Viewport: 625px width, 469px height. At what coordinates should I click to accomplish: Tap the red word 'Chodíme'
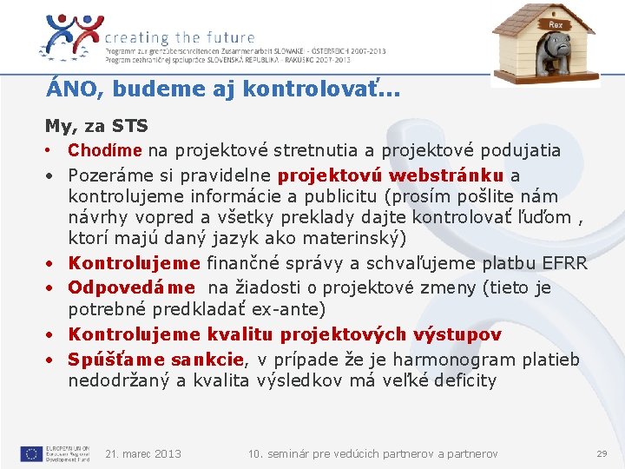pyautogui.click(x=104, y=150)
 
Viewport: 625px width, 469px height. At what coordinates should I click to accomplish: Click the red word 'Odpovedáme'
pyautogui.click(x=132, y=287)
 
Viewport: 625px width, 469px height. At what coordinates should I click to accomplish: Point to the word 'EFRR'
pyautogui.click(x=563, y=263)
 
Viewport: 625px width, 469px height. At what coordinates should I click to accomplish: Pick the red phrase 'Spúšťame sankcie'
pyautogui.click(x=156, y=359)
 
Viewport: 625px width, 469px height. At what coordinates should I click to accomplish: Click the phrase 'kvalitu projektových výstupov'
pyautogui.click(x=354, y=334)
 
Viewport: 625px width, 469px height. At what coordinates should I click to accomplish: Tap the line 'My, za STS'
pyautogui.click(x=96, y=127)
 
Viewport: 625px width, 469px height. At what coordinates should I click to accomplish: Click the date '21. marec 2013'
pyautogui.click(x=142, y=453)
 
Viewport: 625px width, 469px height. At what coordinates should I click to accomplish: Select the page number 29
pyautogui.click(x=602, y=453)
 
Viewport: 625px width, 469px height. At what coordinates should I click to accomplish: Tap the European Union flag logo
pyautogui.click(x=31, y=453)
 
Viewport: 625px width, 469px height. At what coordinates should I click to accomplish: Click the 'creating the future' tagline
pyautogui.click(x=180, y=37)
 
